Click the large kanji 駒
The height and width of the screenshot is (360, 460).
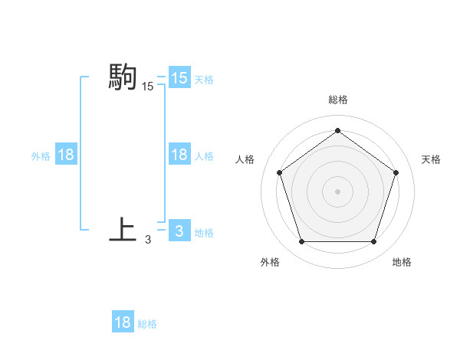click(x=123, y=77)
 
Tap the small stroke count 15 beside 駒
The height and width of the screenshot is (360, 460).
click(x=148, y=87)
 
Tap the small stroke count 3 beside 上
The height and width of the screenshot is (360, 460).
click(x=148, y=240)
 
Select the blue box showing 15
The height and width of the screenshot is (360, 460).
click(x=179, y=78)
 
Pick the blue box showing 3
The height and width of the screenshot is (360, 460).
click(x=179, y=231)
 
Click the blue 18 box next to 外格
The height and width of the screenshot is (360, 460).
click(x=65, y=155)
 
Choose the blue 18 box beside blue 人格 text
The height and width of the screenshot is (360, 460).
click(x=179, y=155)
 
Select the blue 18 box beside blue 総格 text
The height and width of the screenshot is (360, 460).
click(x=123, y=322)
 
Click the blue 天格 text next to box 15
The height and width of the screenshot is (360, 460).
click(x=204, y=79)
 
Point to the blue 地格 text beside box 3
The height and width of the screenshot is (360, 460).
click(x=204, y=232)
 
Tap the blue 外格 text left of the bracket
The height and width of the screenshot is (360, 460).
click(x=41, y=155)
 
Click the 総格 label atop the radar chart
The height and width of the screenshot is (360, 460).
click(x=337, y=100)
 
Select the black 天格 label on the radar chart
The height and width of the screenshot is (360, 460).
click(x=432, y=159)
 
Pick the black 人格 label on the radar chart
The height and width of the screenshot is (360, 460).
click(x=245, y=159)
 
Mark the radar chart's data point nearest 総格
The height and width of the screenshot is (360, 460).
click(x=337, y=130)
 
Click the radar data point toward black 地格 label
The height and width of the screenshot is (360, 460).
click(x=373, y=242)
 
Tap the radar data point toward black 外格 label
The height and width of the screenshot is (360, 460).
click(x=301, y=242)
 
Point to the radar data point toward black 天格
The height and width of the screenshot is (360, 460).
click(x=396, y=172)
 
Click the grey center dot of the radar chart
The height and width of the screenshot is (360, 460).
click(x=337, y=191)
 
